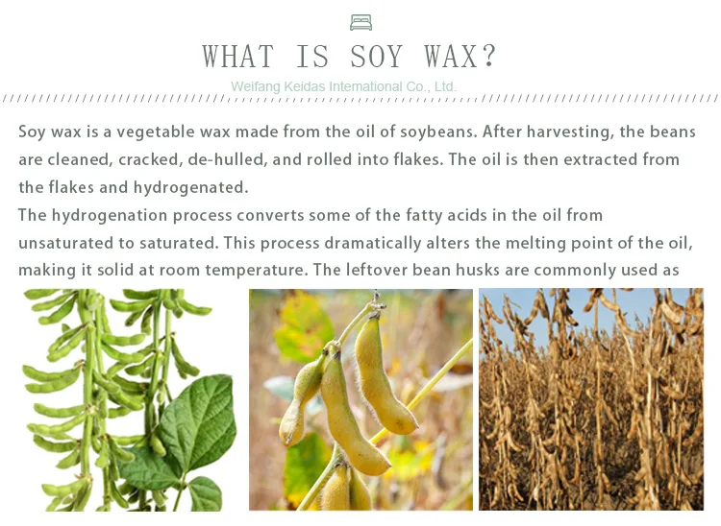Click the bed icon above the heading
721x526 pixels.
[x=360, y=22]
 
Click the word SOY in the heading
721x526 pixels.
[x=377, y=57]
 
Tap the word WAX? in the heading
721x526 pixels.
[x=460, y=57]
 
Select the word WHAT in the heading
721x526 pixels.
[x=238, y=57]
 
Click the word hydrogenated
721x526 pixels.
[x=191, y=188]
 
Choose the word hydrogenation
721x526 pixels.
[x=110, y=216]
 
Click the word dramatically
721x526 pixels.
[x=373, y=243]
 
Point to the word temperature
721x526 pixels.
[x=256, y=271]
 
